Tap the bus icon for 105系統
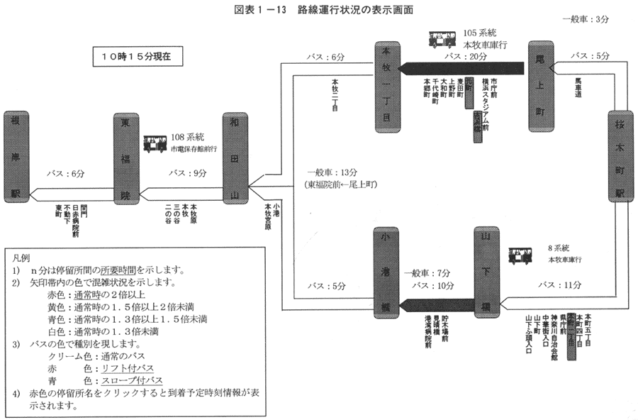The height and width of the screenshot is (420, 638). (x=442, y=39)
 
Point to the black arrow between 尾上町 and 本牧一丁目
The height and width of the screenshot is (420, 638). (x=461, y=68)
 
